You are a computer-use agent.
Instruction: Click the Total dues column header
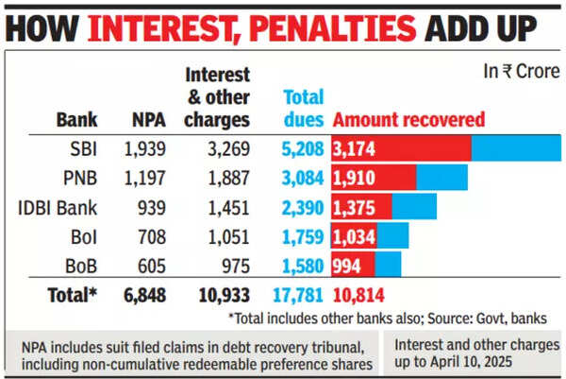coord(303,108)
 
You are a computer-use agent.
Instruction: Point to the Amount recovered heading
coord(409,120)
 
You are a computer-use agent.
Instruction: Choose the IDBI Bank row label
coord(58,206)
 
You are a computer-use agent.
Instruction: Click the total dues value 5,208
coord(303,148)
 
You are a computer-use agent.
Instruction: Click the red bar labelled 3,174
coord(401,148)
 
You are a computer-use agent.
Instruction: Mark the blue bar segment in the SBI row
coord(515,148)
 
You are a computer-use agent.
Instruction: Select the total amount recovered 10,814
coord(358,295)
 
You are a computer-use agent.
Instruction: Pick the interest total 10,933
coord(223,295)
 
